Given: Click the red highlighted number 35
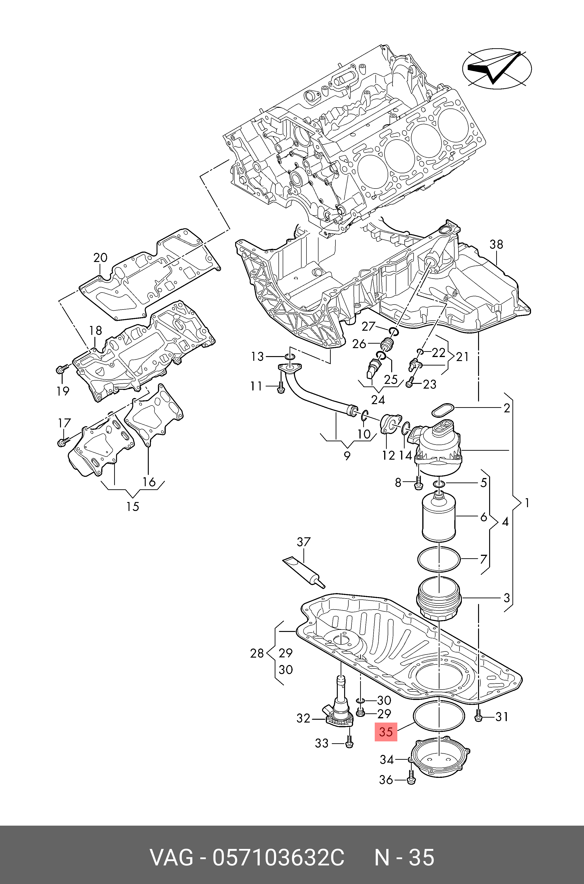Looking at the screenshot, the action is (x=386, y=732).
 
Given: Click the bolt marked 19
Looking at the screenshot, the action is (x=61, y=369).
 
